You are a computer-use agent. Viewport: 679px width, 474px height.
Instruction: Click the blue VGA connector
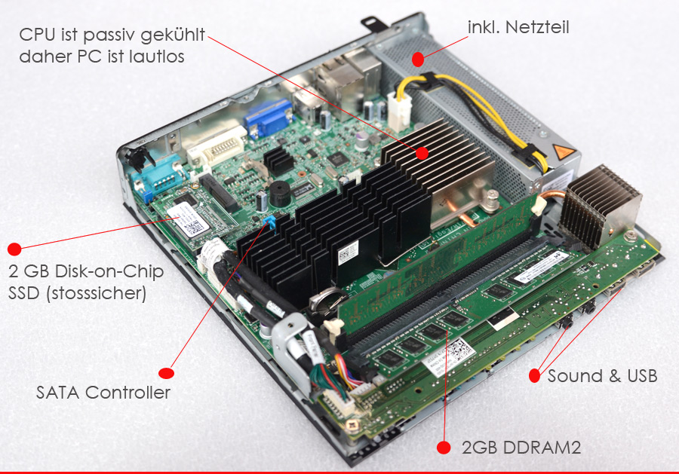pyautogui.click(x=268, y=117)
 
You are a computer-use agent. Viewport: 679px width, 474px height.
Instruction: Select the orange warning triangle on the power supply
pyautogui.click(x=564, y=152)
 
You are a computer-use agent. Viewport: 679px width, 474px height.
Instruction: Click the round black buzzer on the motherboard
pyautogui.click(x=279, y=194)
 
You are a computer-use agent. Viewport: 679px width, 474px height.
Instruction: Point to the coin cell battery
pyautogui.click(x=327, y=300)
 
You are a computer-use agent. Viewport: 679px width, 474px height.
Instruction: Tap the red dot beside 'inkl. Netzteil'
pyautogui.click(x=418, y=59)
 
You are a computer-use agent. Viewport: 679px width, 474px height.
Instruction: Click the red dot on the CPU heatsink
pyautogui.click(x=422, y=153)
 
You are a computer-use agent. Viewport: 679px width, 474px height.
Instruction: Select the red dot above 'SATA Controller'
pyautogui.click(x=166, y=373)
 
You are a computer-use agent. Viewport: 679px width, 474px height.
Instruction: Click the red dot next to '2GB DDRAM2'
pyautogui.click(x=444, y=448)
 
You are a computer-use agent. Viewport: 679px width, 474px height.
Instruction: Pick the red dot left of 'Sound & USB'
pyautogui.click(x=535, y=375)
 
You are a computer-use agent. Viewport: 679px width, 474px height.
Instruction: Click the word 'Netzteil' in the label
pyautogui.click(x=537, y=27)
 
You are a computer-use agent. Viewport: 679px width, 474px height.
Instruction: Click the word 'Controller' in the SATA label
pyautogui.click(x=128, y=393)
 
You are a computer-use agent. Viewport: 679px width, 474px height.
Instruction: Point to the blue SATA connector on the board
pyautogui.click(x=270, y=222)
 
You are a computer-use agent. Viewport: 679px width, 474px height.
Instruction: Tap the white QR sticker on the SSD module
pyautogui.click(x=188, y=220)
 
